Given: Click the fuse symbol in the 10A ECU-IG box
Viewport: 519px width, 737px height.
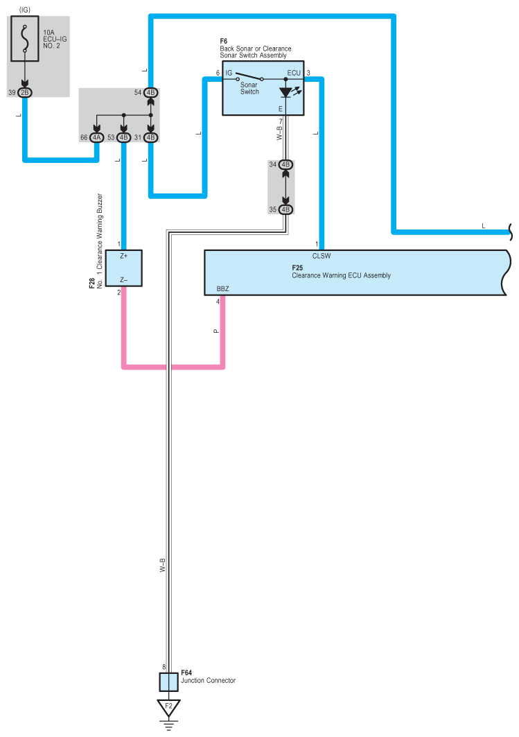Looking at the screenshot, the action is point(25,38).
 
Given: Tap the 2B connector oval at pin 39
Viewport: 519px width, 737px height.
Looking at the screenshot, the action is point(24,93).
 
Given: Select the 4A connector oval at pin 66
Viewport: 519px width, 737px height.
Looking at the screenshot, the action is point(97,137).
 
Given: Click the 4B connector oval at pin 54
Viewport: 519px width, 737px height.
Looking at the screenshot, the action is point(151,93).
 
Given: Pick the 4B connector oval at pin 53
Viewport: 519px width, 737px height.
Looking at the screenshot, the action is point(123,137).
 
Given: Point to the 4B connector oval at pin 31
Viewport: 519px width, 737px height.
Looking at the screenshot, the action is point(151,137).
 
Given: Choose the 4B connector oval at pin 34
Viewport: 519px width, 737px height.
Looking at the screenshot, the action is point(285,164).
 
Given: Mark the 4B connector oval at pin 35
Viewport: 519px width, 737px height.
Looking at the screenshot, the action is point(285,209).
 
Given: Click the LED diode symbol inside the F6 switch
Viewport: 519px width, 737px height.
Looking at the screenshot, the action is point(285,93).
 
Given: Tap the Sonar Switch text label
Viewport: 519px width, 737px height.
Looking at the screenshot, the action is point(249,88).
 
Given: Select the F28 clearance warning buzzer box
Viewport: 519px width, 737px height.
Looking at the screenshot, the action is point(123,268).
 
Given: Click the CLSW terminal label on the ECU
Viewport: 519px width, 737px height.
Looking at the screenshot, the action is point(322,256).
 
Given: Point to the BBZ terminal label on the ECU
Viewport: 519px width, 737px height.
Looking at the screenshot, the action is point(222,288).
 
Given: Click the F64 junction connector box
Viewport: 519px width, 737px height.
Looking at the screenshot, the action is point(168,682).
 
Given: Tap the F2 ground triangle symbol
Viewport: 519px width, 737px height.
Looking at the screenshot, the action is point(168,707).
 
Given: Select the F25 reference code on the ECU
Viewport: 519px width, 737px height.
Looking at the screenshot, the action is point(297,268).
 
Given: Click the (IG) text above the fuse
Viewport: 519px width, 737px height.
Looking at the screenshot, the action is point(24,10).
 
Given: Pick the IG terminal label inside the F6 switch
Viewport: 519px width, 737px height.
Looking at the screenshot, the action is point(229,73).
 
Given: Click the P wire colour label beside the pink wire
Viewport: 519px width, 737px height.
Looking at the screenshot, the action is point(216,331).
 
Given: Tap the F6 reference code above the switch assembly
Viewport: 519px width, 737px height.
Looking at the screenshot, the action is point(224,42).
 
